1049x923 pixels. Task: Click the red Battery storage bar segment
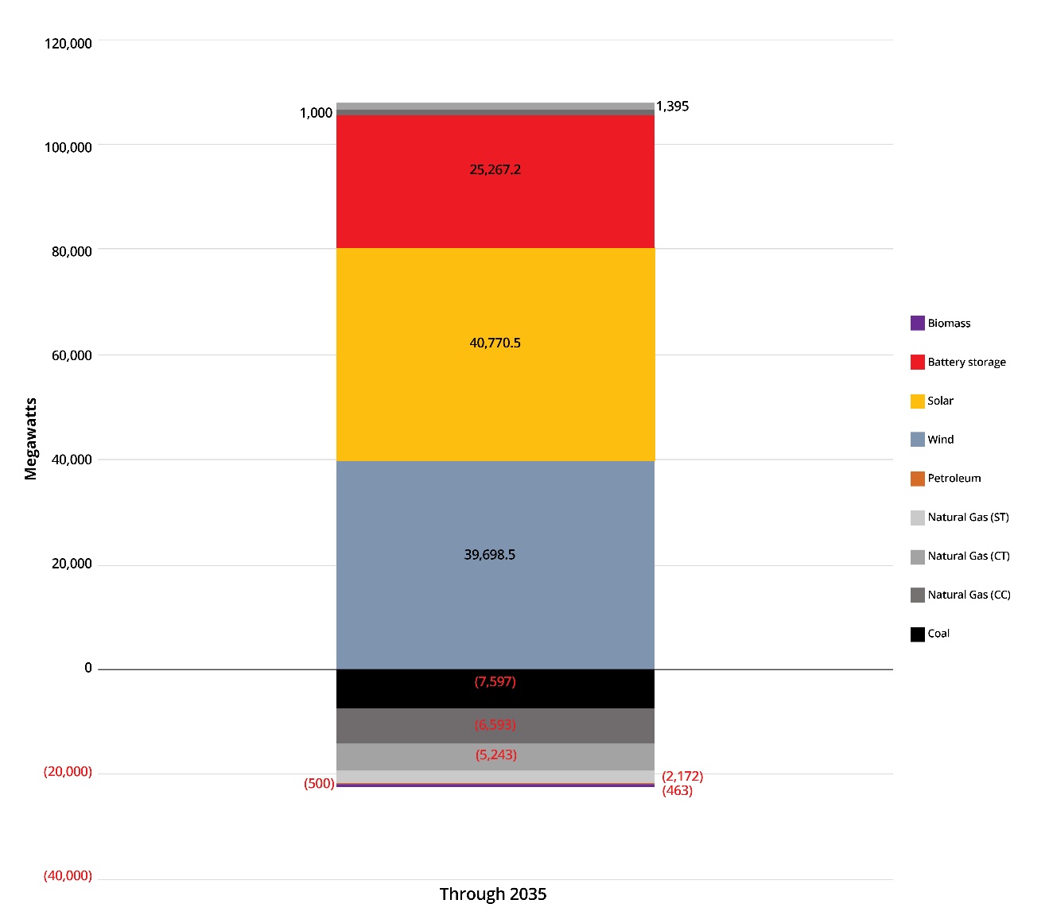pos(495,207)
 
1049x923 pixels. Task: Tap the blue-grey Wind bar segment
pos(495,604)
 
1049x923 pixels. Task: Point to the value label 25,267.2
pos(495,169)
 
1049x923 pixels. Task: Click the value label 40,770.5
pos(495,343)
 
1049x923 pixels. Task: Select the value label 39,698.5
pos(489,555)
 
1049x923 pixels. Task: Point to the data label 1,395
pos(672,107)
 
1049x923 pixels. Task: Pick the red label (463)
pos(677,791)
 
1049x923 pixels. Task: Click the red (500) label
pos(319,784)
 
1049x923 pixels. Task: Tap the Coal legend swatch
pos(918,634)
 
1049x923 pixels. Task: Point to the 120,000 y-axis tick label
pos(68,44)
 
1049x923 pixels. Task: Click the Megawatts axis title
pos(31,439)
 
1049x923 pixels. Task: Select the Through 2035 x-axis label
pos(493,894)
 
